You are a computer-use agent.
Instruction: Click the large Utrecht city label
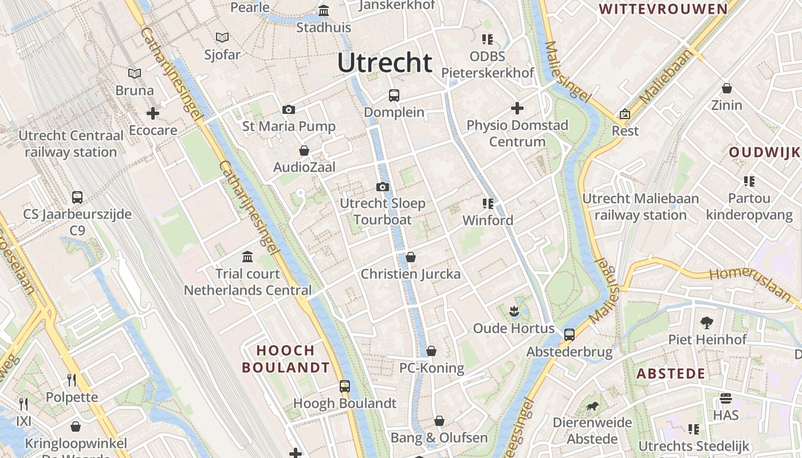pos(384,63)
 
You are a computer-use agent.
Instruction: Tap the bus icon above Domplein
pos(394,96)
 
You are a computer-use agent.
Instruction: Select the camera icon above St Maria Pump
pos(289,110)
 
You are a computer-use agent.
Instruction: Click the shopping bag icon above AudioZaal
pos(304,151)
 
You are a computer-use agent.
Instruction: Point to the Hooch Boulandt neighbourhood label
pos(286,359)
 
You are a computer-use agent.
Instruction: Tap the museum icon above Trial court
pos(247,256)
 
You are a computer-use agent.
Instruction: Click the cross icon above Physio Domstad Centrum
pos(517,108)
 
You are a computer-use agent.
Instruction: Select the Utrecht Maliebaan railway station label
pos(640,207)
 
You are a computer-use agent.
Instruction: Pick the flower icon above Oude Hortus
pos(513,311)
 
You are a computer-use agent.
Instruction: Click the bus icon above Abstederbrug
pos(569,335)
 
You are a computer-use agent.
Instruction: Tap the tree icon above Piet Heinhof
pos(707,322)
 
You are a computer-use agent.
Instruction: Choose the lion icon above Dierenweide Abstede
pos(592,406)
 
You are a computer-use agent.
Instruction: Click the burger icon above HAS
pos(726,398)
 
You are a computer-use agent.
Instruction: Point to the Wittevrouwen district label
pos(663,9)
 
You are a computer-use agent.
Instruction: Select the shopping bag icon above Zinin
pos(726,89)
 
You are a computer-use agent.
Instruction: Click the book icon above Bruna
pos(135,74)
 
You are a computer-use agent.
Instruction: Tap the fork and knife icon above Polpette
pos(72,380)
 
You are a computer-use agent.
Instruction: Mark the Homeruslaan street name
pos(750,282)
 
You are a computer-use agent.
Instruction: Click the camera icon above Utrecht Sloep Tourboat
pos(383,187)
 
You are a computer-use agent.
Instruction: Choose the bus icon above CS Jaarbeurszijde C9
pos(77,198)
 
